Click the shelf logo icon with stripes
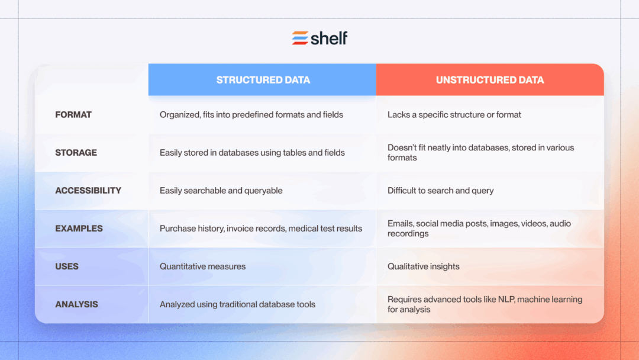[300, 38]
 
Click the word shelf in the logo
[329, 38]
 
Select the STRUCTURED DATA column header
[263, 80]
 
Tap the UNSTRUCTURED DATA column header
[490, 80]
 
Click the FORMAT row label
[73, 115]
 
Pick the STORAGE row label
[76, 153]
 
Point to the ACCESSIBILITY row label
[88, 191]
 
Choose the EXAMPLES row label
[79, 229]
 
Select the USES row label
[67, 266]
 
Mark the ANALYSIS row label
[77, 304]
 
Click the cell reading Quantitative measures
[202, 266]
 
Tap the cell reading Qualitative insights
[424, 266]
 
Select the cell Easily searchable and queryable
[221, 191]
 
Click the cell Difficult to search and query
[441, 191]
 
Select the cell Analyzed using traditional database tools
[237, 304]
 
